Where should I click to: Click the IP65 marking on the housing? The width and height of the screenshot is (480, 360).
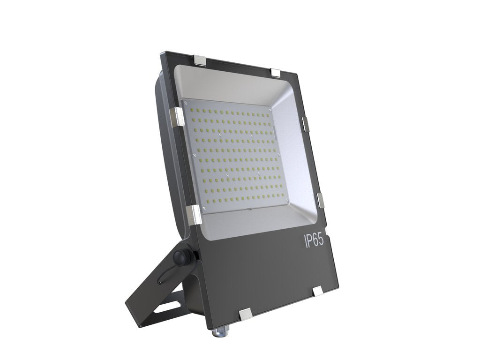pos(314,241)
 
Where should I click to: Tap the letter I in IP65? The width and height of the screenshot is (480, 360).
pos(305,241)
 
